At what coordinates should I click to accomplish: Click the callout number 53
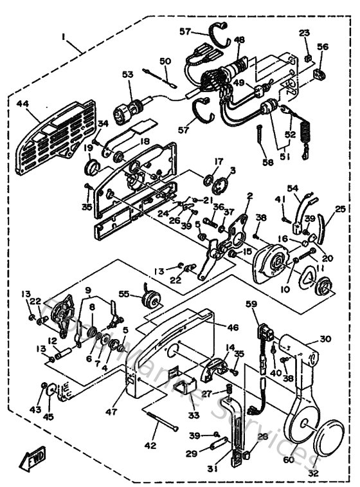[x=127, y=75]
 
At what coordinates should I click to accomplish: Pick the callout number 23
[x=303, y=32]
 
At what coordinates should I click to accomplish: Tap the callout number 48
[x=239, y=40]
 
